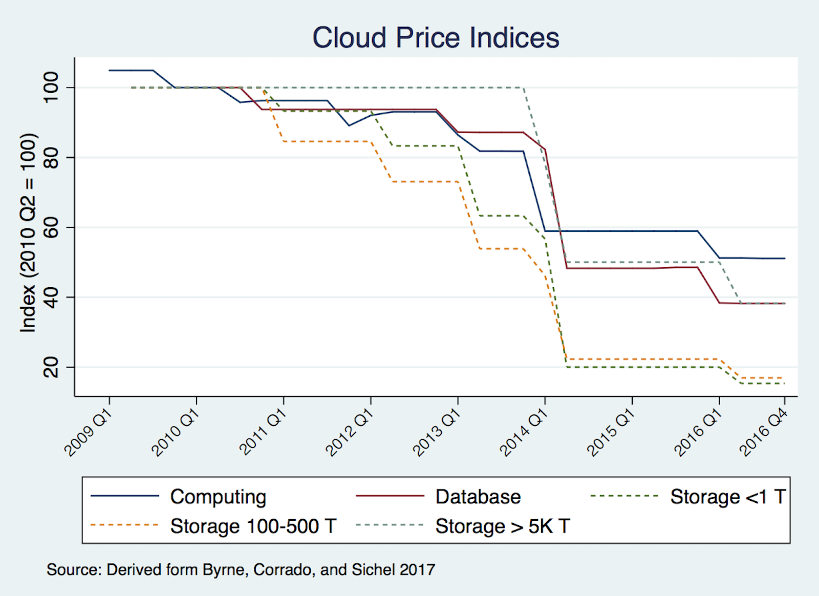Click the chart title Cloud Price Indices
(436, 38)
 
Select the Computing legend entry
(218, 497)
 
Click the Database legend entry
(478, 497)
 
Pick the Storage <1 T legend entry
(727, 497)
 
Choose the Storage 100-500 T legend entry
(253, 526)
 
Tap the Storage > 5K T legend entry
(502, 526)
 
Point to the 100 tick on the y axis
(51, 88)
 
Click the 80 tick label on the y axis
(51, 157)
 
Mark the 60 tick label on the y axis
(51, 227)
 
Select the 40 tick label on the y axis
(51, 297)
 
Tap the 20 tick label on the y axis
(51, 367)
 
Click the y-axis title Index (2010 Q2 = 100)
(28, 233)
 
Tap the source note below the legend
(241, 570)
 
